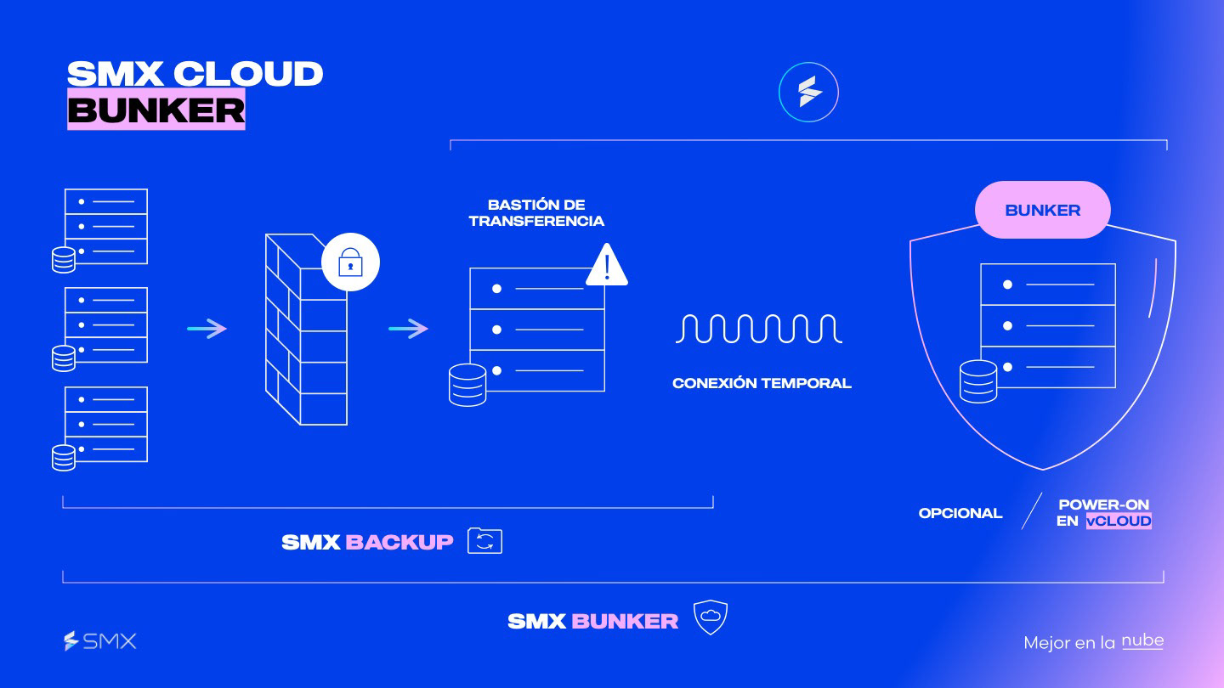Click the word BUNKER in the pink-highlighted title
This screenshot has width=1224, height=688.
click(156, 110)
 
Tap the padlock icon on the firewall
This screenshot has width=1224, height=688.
click(350, 263)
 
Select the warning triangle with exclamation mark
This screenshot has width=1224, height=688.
click(607, 266)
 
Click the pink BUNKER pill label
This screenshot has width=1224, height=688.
click(1043, 210)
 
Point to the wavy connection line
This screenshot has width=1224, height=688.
click(758, 328)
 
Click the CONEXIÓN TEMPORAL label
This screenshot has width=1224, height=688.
click(762, 383)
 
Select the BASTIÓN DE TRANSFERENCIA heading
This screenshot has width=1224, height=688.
click(536, 213)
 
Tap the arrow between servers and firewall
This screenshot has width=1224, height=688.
click(207, 329)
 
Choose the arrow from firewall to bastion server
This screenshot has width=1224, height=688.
click(409, 329)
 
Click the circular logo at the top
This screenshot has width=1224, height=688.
click(808, 92)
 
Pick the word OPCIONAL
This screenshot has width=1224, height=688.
click(960, 513)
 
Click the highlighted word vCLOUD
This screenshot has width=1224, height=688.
click(1119, 521)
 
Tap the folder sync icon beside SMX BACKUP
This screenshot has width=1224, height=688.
click(484, 541)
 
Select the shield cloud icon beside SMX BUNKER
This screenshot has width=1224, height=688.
click(711, 618)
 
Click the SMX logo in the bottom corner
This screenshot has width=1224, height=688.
click(100, 641)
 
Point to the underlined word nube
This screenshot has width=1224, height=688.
click(1142, 641)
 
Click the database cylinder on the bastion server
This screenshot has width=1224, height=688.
click(467, 385)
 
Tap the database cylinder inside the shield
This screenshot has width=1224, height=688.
click(977, 381)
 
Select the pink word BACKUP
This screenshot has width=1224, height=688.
click(399, 542)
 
